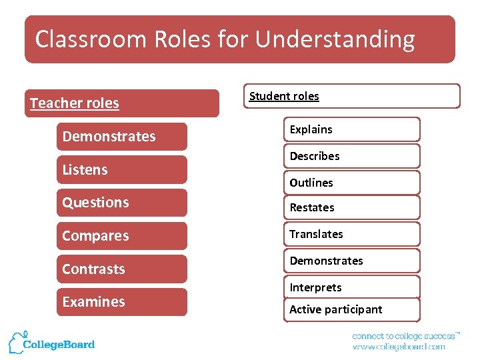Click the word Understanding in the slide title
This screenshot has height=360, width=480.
tap(335, 39)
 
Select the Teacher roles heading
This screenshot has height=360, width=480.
tap(74, 103)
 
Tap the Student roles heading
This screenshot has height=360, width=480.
tap(284, 96)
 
